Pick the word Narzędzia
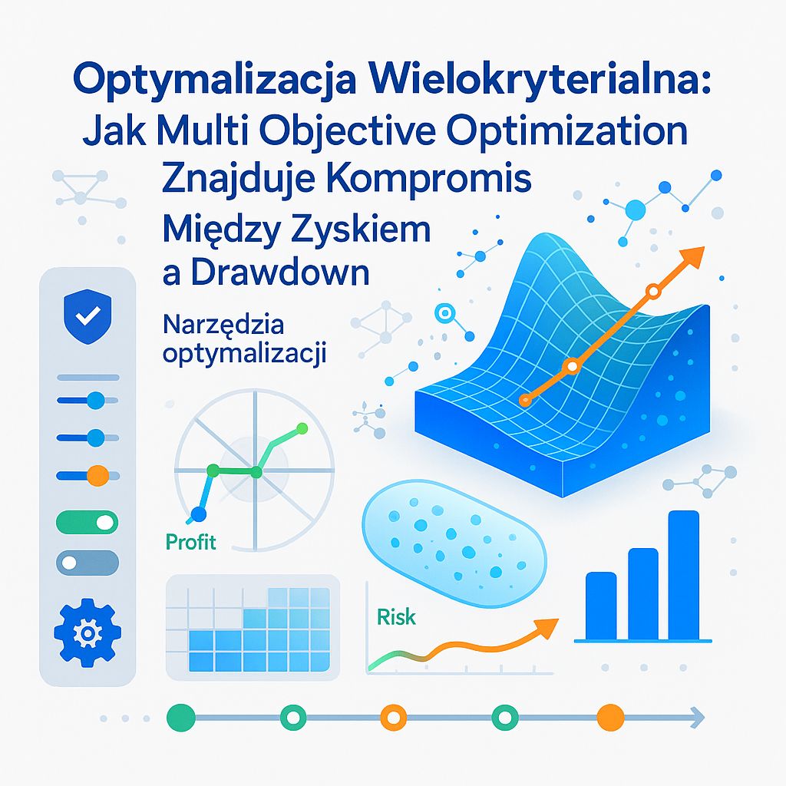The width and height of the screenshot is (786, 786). (x=223, y=325)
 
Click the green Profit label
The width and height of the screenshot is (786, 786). (x=190, y=543)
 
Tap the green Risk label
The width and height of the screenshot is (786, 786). (x=396, y=616)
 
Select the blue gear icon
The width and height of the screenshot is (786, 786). (x=86, y=632)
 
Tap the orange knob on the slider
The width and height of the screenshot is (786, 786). (x=97, y=475)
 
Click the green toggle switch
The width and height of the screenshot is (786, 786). (x=88, y=523)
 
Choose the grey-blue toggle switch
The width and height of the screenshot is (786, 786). (x=88, y=563)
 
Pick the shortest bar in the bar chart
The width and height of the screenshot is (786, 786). (x=600, y=606)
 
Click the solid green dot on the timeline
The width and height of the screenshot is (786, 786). (x=178, y=717)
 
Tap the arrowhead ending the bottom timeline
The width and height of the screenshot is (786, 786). (x=697, y=717)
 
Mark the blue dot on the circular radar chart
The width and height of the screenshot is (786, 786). (x=199, y=514)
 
